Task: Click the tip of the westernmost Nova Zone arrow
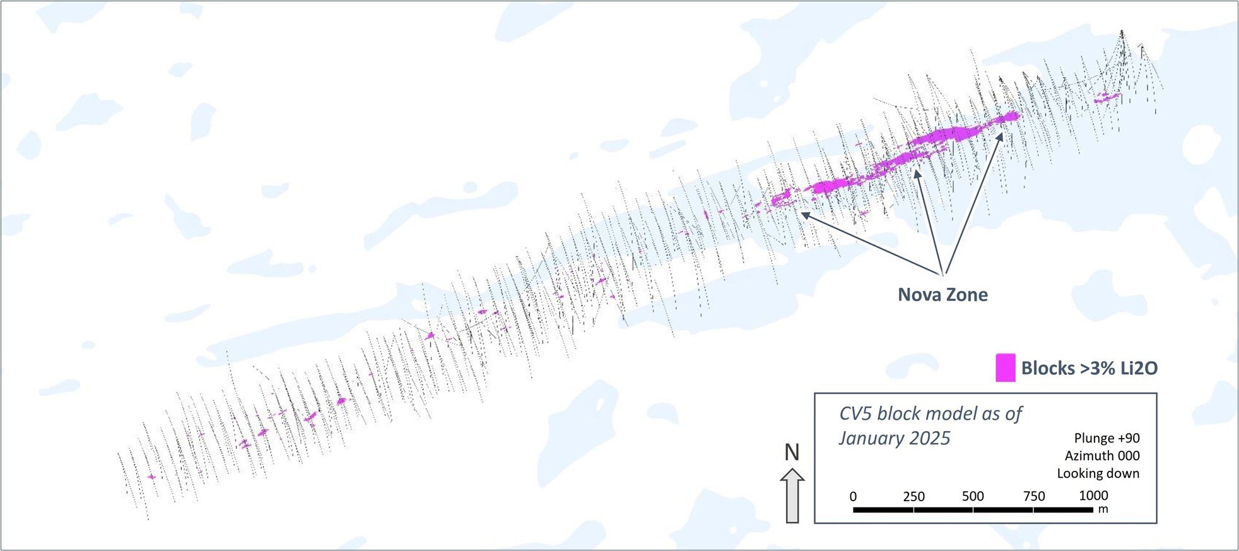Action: [801, 212]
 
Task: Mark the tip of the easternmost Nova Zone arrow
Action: [1002, 133]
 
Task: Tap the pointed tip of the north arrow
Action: [792, 468]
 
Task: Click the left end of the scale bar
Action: [854, 509]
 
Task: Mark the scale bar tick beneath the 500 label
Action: [973, 509]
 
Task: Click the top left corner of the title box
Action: [814, 393]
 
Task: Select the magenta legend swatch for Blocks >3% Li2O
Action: [1006, 367]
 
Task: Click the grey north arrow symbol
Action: [792, 495]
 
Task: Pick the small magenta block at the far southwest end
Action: [151, 477]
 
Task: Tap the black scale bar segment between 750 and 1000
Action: [1064, 509]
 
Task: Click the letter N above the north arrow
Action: [792, 452]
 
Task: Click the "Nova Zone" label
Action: [942, 295]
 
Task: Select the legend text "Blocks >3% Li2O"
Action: [1089, 368]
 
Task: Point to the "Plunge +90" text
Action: [1107, 438]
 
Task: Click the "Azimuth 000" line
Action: [1102, 456]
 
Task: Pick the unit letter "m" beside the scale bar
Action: [1103, 509]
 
